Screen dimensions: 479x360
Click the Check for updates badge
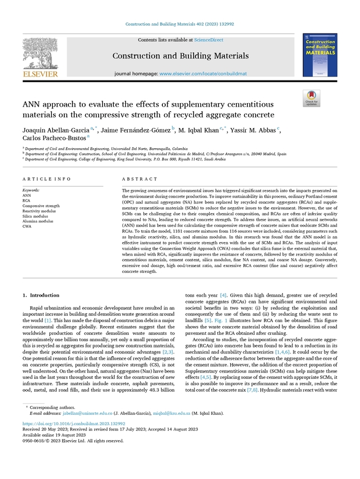[312, 98]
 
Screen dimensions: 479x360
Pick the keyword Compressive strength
[41, 206]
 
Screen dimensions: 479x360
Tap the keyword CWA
[27, 226]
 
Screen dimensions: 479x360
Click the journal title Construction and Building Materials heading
[180, 56]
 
